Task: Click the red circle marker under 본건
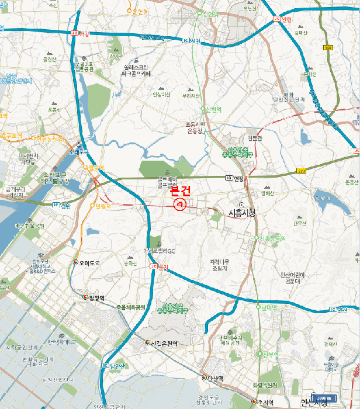(x=179, y=204)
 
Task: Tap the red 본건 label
(x=179, y=190)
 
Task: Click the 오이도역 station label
(x=89, y=262)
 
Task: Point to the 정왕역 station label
(x=96, y=298)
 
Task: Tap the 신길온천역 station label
(x=164, y=343)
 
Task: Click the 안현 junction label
(x=285, y=19)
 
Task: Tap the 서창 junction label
(x=84, y=33)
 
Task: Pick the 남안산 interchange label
(x=117, y=366)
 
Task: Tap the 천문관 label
(x=255, y=138)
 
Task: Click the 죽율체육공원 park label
(x=130, y=306)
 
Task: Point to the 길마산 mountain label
(x=300, y=33)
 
